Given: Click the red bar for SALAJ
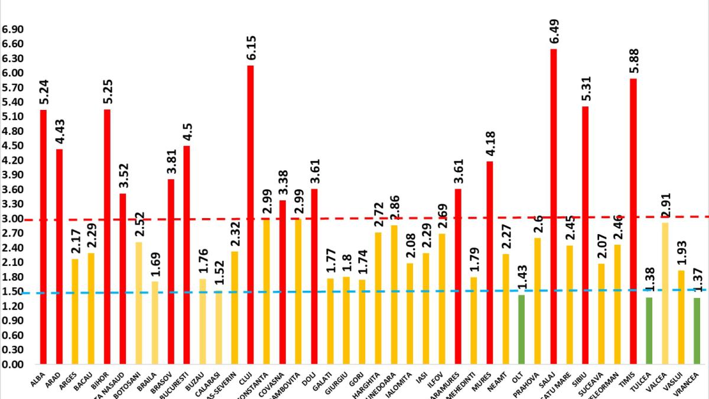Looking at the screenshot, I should coord(554,207).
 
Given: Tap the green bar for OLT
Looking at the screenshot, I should coord(521,329).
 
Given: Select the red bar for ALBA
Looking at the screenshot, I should coord(43,236).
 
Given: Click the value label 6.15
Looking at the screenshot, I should coord(251,47).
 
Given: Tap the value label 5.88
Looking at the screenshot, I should coord(634,61).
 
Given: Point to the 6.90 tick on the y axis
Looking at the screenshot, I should coord(12,30).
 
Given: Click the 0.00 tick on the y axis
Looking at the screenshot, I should coord(12,364).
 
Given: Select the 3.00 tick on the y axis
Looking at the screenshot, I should coord(12,219).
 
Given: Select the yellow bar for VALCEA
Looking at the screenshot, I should coord(665,293).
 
